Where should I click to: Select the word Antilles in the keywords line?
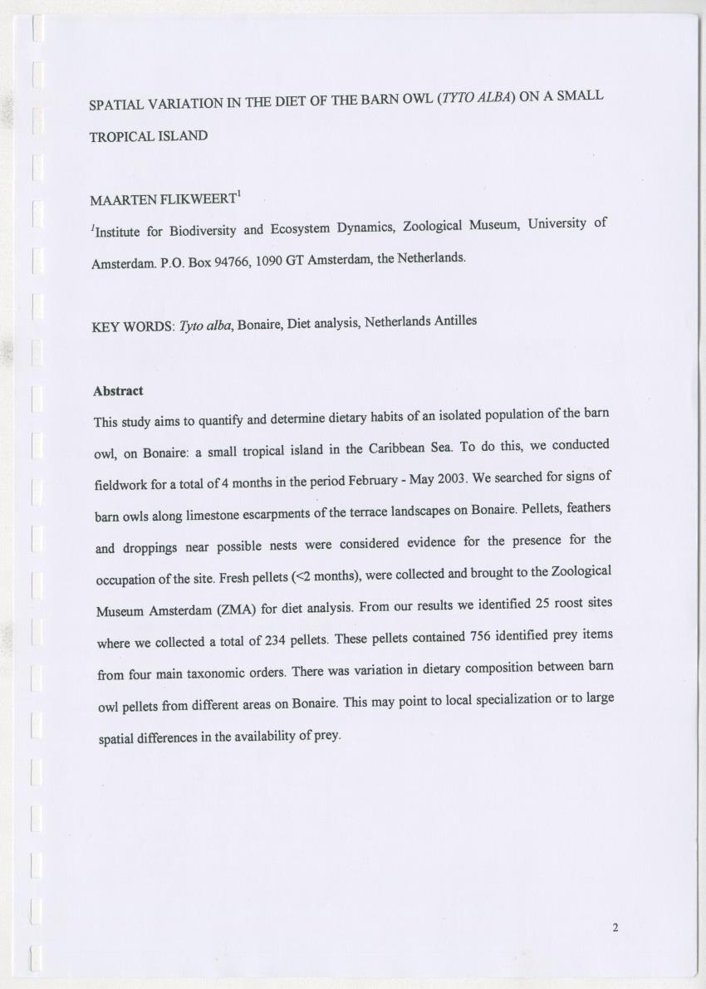click(x=454, y=321)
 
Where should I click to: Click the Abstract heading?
click(x=118, y=390)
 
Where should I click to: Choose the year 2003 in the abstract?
click(x=452, y=478)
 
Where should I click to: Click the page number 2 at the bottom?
click(x=615, y=928)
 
